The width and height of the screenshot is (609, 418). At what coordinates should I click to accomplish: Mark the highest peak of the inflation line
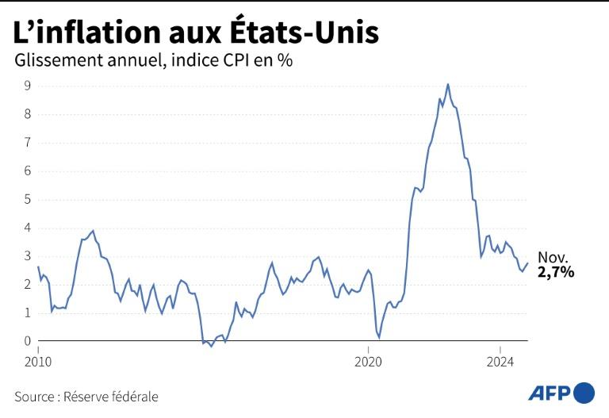pyautogui.click(x=448, y=84)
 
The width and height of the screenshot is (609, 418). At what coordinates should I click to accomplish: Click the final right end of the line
pyautogui.click(x=527, y=264)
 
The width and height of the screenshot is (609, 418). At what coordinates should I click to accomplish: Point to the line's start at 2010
pyautogui.click(x=38, y=267)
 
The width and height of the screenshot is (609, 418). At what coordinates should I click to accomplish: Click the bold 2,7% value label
pyautogui.click(x=556, y=272)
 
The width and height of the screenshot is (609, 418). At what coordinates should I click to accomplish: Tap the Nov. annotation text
pyautogui.click(x=553, y=258)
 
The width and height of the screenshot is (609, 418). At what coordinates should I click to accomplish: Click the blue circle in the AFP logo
pyautogui.click(x=584, y=393)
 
